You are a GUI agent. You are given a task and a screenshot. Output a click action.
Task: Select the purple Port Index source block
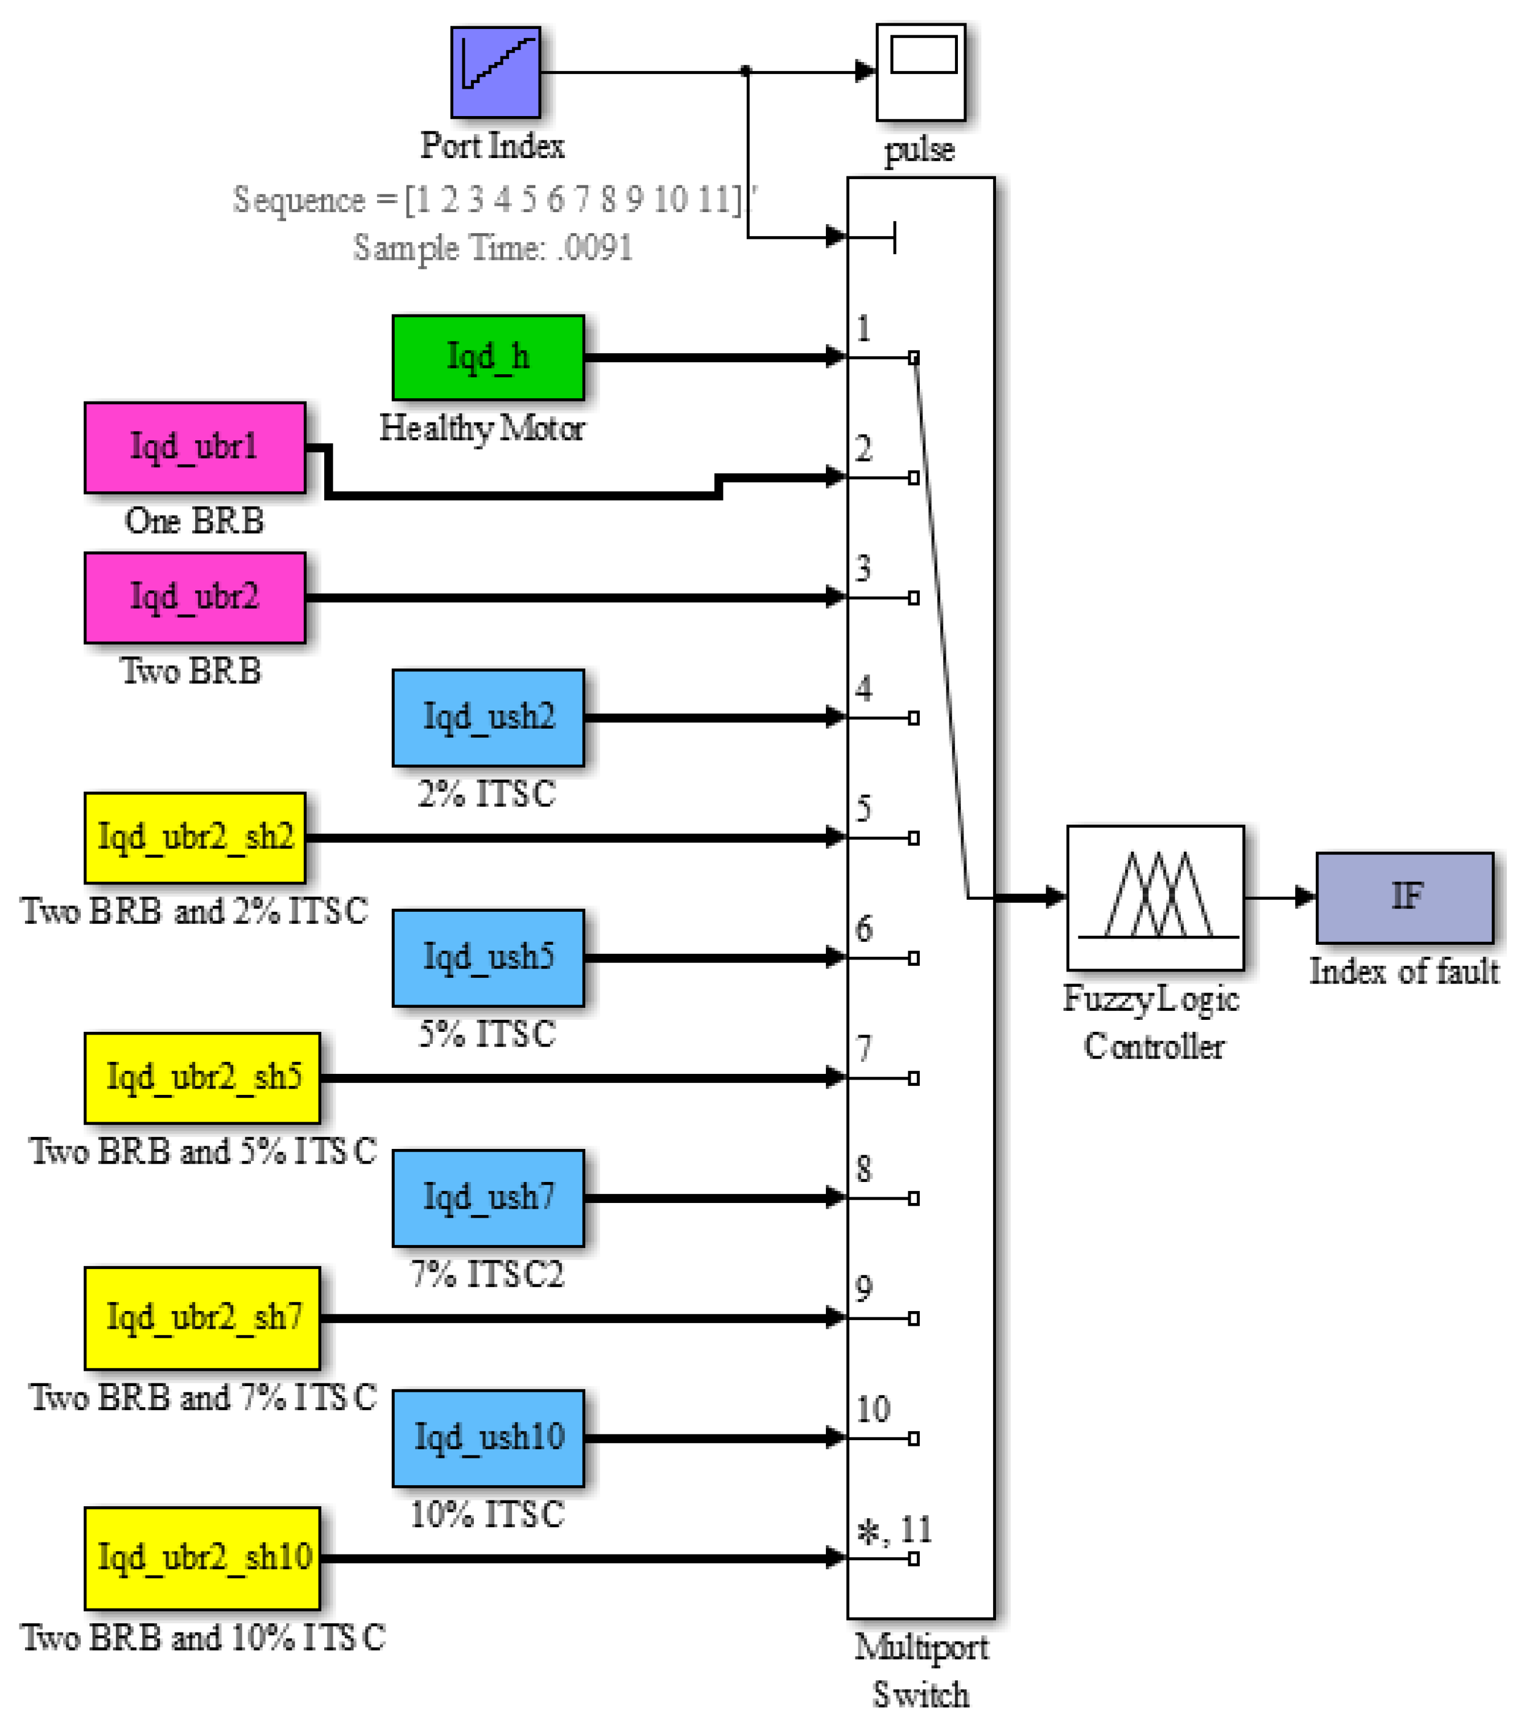click(495, 73)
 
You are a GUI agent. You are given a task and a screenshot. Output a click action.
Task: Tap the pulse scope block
click(920, 73)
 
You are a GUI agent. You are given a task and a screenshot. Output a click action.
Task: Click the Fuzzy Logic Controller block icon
click(1155, 898)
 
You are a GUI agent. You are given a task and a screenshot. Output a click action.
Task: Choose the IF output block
click(1404, 898)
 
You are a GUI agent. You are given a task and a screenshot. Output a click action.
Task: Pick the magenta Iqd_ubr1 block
click(195, 448)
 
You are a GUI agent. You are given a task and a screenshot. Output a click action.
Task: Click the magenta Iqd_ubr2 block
click(195, 598)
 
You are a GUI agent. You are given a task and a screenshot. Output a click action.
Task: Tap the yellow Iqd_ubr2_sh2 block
click(195, 837)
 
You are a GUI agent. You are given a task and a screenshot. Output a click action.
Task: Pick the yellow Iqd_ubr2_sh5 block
click(202, 1078)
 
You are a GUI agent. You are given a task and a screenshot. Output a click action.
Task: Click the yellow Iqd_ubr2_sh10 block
click(202, 1558)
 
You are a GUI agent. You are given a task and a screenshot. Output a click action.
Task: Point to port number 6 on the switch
click(863, 929)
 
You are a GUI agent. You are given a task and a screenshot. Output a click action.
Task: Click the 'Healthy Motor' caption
click(482, 428)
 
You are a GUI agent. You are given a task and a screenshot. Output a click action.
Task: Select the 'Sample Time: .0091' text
click(493, 248)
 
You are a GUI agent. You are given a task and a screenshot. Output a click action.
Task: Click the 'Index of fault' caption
click(1403, 971)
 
